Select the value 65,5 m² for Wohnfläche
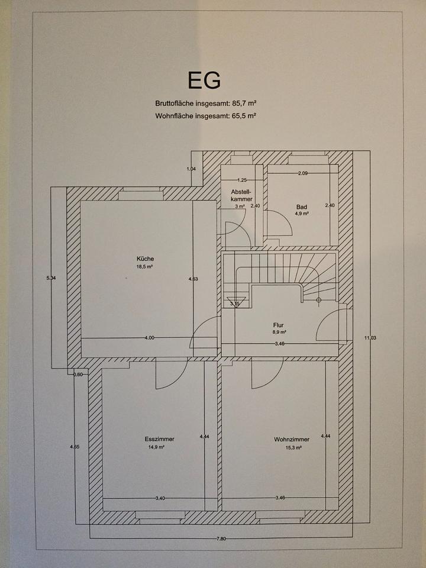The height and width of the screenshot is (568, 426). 244,116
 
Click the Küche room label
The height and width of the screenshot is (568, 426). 145,259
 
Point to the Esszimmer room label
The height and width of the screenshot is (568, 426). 154,439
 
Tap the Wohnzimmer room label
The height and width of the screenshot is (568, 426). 288,439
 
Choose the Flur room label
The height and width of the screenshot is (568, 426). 279,325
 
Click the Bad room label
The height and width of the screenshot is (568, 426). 302,206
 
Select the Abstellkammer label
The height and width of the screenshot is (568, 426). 241,195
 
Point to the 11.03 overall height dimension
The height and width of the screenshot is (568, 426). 370,338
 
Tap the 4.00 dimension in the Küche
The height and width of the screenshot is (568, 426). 149,338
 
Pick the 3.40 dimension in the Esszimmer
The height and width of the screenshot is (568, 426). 160,498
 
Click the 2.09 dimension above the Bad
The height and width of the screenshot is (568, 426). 303,173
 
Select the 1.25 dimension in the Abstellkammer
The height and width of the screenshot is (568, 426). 241,180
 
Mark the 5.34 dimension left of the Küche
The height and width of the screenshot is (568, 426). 51,278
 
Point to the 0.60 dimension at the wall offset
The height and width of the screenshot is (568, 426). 78,374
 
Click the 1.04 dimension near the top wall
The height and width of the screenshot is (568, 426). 191,169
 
